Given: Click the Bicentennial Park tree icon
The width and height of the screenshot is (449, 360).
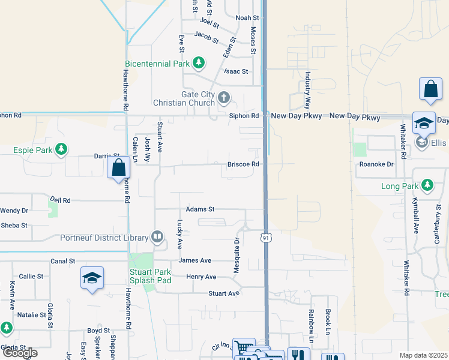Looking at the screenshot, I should [x=199, y=63].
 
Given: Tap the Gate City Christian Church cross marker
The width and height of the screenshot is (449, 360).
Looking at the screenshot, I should [x=224, y=97].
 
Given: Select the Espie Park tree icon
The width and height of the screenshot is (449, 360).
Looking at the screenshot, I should [x=61, y=149].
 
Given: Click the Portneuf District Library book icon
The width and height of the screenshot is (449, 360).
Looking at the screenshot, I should [x=157, y=238].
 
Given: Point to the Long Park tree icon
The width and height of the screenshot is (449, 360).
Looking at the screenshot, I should [x=427, y=185].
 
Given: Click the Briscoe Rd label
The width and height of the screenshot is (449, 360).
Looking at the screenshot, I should [x=243, y=164].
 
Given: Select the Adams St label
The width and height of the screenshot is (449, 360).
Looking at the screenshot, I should [x=200, y=209].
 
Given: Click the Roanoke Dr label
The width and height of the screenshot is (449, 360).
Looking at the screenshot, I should [x=376, y=164].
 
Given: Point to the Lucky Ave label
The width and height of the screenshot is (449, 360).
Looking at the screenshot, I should [x=179, y=234].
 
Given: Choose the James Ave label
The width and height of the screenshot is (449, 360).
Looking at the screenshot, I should [x=195, y=260].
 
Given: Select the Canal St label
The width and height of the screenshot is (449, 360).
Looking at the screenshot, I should [x=63, y=261].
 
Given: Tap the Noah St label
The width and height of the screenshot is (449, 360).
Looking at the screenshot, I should [x=246, y=18].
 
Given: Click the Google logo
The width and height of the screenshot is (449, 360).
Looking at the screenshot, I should [x=20, y=353].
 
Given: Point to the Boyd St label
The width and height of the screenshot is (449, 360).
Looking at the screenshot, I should [x=98, y=331].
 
